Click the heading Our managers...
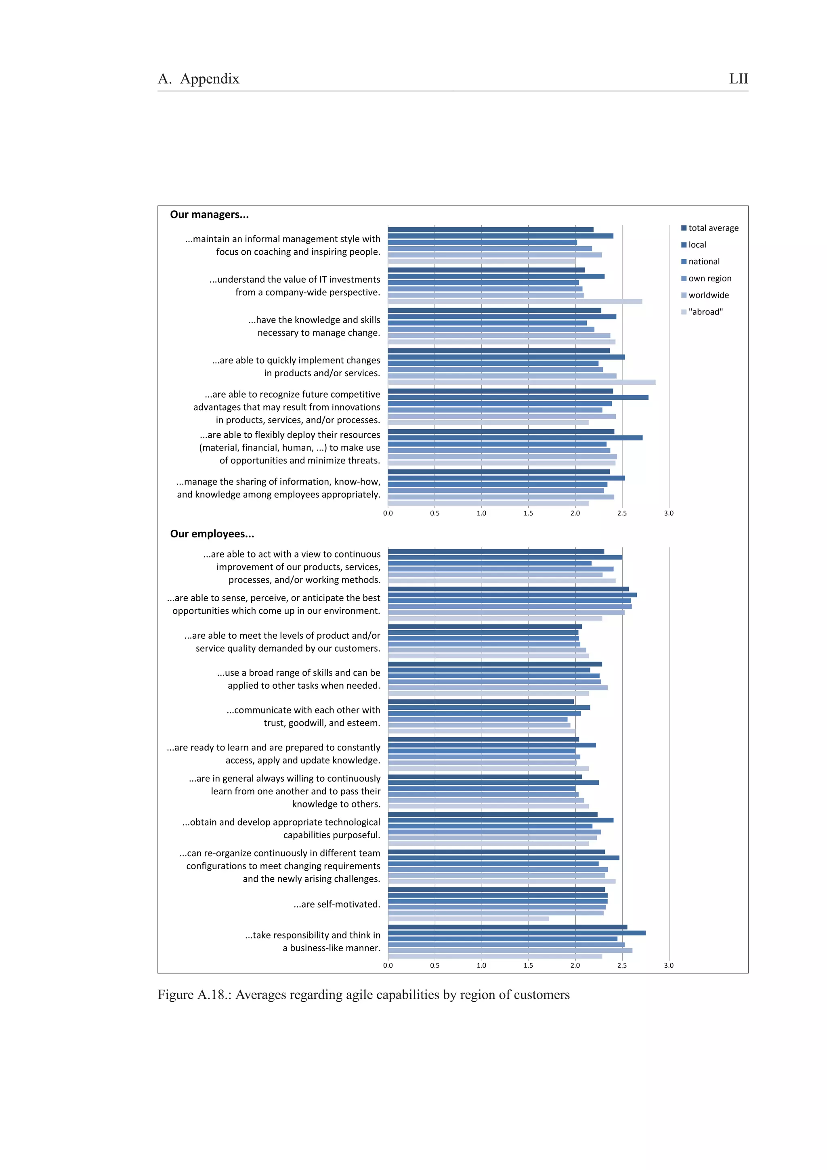210,214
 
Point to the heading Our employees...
212,534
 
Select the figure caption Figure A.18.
363,994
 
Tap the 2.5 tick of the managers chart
621,513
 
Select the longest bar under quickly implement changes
521,382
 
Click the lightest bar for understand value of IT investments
514,302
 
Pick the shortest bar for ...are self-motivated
468,919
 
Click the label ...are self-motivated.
337,904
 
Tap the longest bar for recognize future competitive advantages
518,398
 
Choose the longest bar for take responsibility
517,933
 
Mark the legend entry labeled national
704,262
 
